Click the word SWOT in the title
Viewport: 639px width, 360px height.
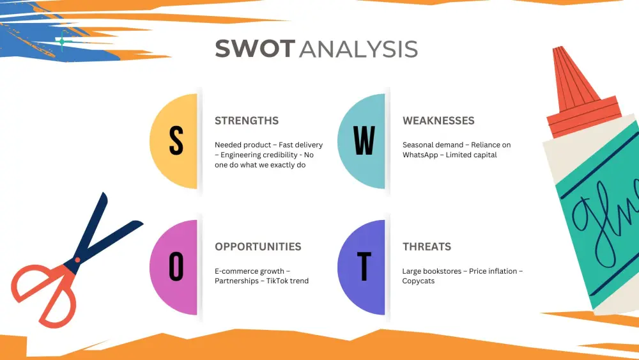[x=255, y=49]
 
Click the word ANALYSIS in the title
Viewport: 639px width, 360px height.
[x=358, y=49]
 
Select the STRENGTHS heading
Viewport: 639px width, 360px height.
[x=247, y=121]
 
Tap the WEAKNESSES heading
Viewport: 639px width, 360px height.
[x=438, y=121]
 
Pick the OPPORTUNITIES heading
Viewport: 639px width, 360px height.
[x=258, y=247]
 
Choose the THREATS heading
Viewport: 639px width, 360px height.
[x=427, y=247]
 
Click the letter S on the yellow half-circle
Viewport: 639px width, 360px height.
[x=176, y=141]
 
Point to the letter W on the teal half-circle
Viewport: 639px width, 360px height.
[x=364, y=141]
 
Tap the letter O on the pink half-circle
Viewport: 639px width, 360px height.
[x=176, y=267]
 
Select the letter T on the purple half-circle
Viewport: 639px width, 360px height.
[x=364, y=267]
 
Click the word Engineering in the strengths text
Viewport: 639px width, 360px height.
[x=243, y=155]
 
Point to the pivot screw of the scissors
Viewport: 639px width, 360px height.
[x=77, y=260]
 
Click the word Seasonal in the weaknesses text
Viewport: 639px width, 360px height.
[x=419, y=145]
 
